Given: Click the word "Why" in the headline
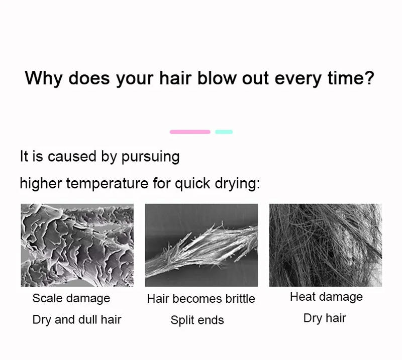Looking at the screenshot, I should (43, 78).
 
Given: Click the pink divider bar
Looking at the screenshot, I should (190, 132).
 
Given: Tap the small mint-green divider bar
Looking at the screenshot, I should (224, 132).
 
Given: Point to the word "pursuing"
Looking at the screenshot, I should (150, 157).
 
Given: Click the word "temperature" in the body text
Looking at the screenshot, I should (107, 183).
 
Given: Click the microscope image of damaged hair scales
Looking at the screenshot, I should (77, 245).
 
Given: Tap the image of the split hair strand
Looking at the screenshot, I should (201, 245).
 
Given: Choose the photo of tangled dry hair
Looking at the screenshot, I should (325, 245).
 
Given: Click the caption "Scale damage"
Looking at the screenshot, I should (71, 298).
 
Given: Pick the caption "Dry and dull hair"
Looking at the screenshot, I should (77, 320).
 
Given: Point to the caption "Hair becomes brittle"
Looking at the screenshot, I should (201, 299).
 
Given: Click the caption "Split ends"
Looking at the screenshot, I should (197, 320).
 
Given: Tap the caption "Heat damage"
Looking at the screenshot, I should (326, 297).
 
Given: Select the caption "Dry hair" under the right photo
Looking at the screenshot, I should (325, 318).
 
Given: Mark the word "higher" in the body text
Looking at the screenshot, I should (41, 183).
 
